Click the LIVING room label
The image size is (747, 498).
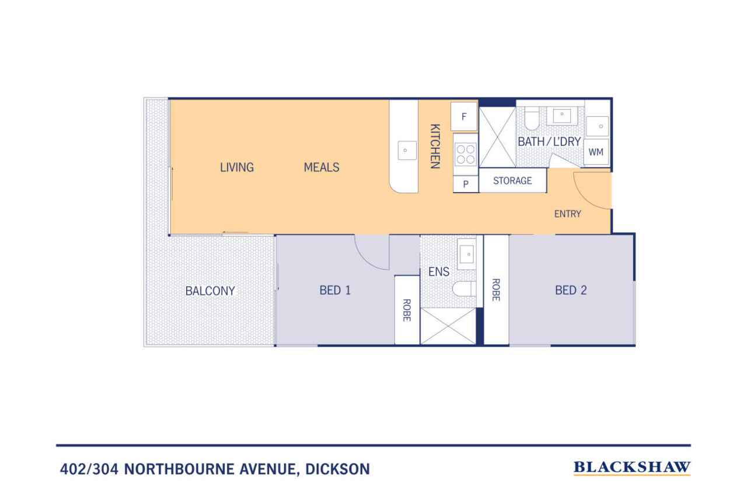(x=237, y=167)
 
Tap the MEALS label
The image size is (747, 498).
(x=322, y=167)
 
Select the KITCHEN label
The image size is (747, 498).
(x=435, y=146)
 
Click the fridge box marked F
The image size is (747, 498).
(x=464, y=116)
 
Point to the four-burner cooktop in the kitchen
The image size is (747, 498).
(x=466, y=154)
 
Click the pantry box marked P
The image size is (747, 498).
(x=466, y=184)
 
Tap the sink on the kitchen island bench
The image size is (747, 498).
(x=407, y=150)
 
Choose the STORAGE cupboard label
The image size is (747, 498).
(x=512, y=181)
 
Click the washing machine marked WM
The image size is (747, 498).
(x=596, y=152)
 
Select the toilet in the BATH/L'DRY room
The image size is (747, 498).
(x=532, y=118)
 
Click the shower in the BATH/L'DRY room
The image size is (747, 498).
(x=498, y=137)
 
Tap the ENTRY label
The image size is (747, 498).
(x=568, y=214)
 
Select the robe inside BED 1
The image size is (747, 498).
(x=407, y=310)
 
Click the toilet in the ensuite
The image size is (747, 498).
(x=464, y=288)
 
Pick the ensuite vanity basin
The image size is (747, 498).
(x=466, y=254)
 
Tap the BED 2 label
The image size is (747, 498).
(x=571, y=290)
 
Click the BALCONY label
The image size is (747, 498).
(x=210, y=291)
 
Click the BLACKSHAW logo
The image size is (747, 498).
(x=631, y=468)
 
